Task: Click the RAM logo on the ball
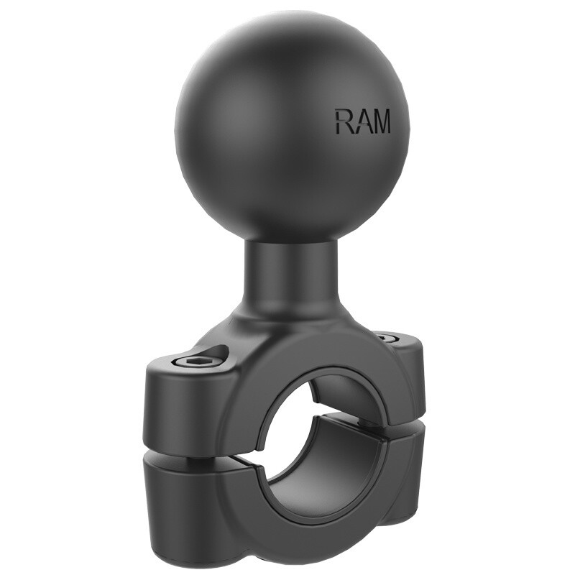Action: coord(362,121)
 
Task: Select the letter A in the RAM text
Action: coord(362,121)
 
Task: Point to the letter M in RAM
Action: coord(381,121)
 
